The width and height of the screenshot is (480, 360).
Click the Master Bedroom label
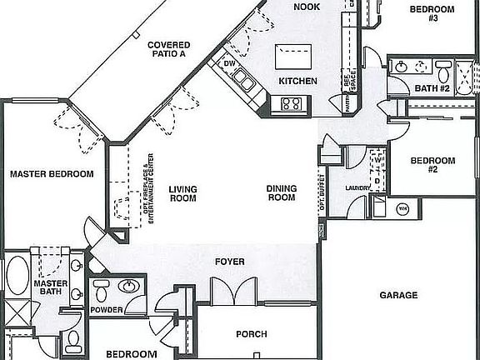pos(52,174)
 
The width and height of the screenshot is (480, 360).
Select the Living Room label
pos(182,193)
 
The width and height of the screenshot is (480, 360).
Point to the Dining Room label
pos(282,193)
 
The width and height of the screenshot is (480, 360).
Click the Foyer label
pos(229,262)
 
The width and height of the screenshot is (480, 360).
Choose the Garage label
pos(398,295)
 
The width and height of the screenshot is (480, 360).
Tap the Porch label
pos(252,334)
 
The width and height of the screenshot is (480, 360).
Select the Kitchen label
pos(298,81)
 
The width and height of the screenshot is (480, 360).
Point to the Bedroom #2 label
pos(433,164)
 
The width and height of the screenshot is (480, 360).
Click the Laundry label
pos(357,188)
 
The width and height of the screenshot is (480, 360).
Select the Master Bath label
pos(50,287)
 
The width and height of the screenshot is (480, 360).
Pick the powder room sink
pos(129,287)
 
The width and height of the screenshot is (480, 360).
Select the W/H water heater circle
pos(402,208)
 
